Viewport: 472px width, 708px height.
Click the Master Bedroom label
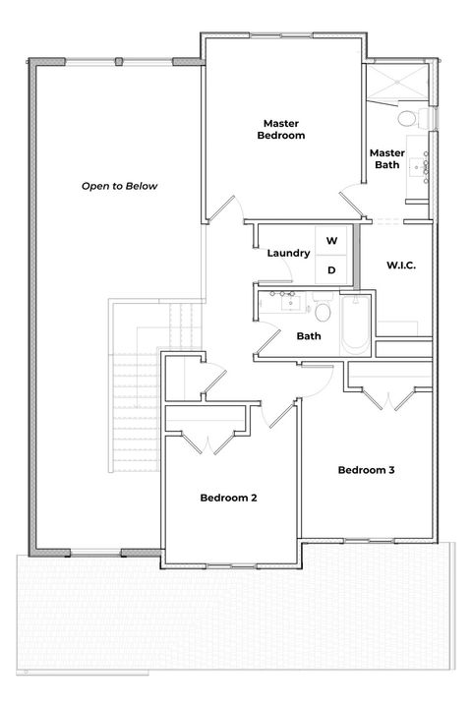[x=281, y=130]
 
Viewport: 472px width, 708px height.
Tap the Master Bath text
[x=386, y=158]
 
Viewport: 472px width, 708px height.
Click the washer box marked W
[x=331, y=241]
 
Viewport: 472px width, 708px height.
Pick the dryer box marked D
[x=331, y=269]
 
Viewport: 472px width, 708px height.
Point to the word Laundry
[x=289, y=254]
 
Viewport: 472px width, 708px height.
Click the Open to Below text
[x=119, y=186]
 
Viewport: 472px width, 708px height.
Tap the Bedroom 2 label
[x=228, y=498]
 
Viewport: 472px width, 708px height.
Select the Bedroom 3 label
[x=366, y=470]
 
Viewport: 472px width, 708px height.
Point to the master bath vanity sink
[x=426, y=169]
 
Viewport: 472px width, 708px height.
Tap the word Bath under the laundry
[x=309, y=336]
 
